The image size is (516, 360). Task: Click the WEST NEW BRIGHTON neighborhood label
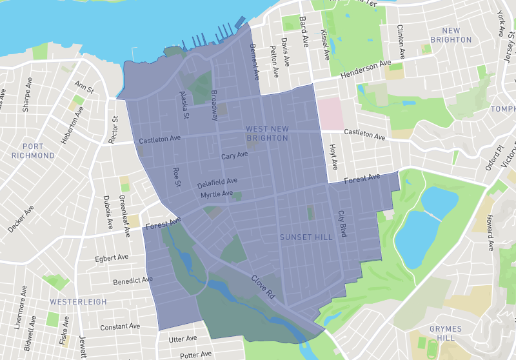[x=267, y=134]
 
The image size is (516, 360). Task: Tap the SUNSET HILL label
[x=306, y=237]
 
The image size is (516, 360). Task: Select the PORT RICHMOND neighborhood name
[x=33, y=151]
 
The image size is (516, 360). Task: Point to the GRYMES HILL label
[x=444, y=334]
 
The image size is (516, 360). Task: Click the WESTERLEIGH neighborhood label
[x=76, y=301]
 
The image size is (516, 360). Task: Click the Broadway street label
[x=214, y=105]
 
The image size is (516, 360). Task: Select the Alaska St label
[x=184, y=105]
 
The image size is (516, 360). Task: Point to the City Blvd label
[x=342, y=223]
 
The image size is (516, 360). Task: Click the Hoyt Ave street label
[x=333, y=157]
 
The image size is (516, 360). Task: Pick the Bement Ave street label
[x=254, y=62]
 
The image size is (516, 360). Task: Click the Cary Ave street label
[x=234, y=156]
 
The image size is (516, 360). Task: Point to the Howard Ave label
[x=490, y=232]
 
